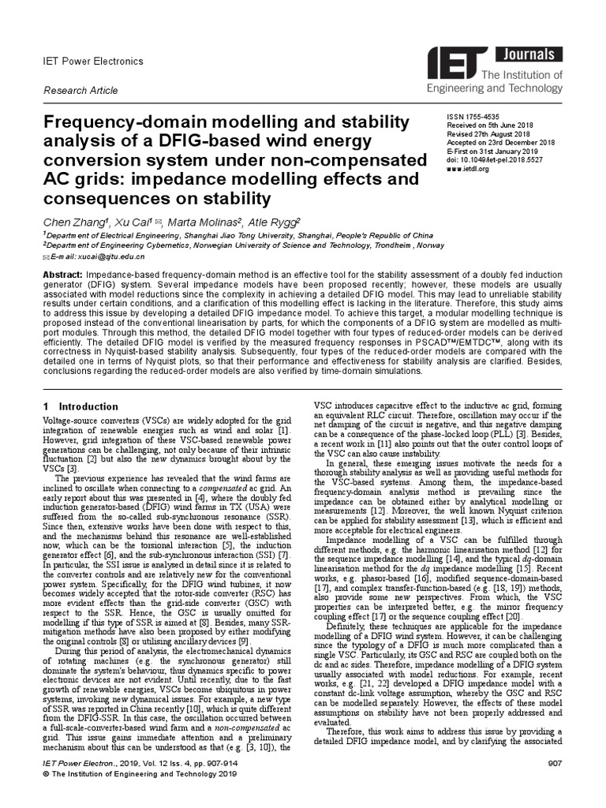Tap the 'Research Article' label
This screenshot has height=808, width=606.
80,91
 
